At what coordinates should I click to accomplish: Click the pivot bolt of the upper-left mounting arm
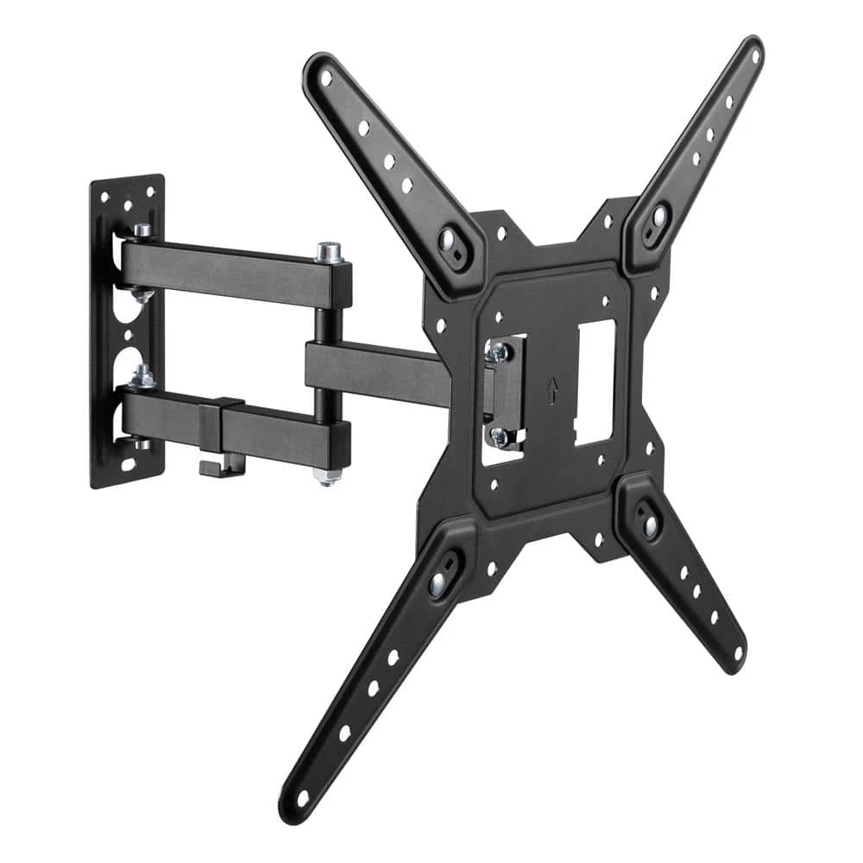pos(450,240)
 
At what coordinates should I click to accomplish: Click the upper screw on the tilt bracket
pos(496,350)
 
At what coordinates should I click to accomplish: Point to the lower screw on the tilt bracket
pos(499,436)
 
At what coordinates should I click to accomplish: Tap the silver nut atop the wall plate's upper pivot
pos(142,231)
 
